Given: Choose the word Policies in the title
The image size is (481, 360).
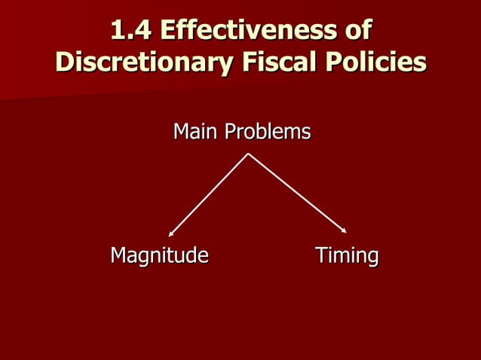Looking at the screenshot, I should click(372, 62).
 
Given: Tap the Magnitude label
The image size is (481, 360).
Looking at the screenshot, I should click(159, 256).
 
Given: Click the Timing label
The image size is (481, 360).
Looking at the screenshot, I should click(347, 256).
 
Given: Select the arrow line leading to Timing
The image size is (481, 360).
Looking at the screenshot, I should click(297, 194).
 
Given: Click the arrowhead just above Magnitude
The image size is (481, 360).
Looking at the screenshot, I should click(171, 234).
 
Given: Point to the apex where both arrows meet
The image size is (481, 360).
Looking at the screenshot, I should click(248, 154).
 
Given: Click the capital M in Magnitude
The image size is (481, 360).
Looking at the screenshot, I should click(118, 256).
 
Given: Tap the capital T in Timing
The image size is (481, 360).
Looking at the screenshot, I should click(320, 256).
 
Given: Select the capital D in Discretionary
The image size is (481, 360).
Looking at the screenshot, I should click(65, 62).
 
